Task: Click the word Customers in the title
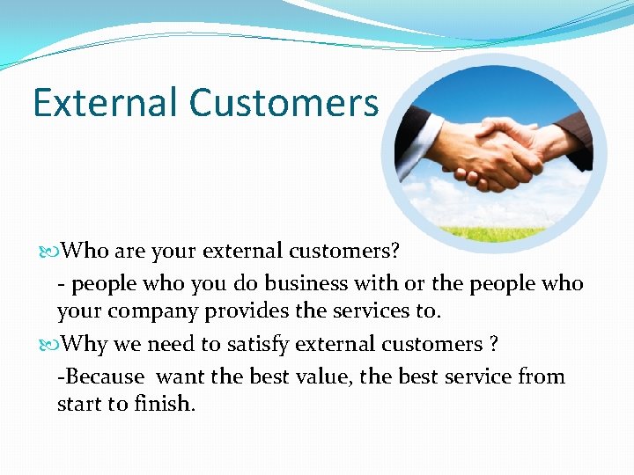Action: pyautogui.click(x=284, y=103)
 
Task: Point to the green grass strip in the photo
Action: pyautogui.click(x=497, y=234)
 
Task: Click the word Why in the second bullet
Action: pyautogui.click(x=85, y=344)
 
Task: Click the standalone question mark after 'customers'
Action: pyautogui.click(x=494, y=344)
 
